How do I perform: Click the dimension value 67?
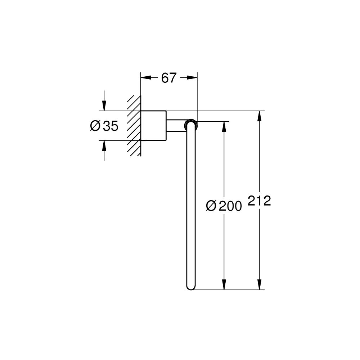tap(168, 78)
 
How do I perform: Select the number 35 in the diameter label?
tap(111, 126)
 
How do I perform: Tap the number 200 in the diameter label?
tap(230, 206)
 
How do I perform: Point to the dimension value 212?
tap(259, 201)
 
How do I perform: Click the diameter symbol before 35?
tap(95, 126)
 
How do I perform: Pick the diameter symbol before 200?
tap(211, 206)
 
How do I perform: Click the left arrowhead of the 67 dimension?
tap(144, 77)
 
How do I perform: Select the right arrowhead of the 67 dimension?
tap(193, 77)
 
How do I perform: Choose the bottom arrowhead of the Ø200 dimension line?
tap(224, 286)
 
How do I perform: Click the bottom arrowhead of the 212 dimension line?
tap(259, 286)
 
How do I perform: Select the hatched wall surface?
tap(134, 126)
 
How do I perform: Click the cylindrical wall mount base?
tap(153, 125)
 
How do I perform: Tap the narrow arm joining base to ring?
tap(175, 125)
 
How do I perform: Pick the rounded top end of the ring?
tap(190, 125)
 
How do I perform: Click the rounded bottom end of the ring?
tap(190, 286)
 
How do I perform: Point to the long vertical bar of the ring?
tap(190, 205)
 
